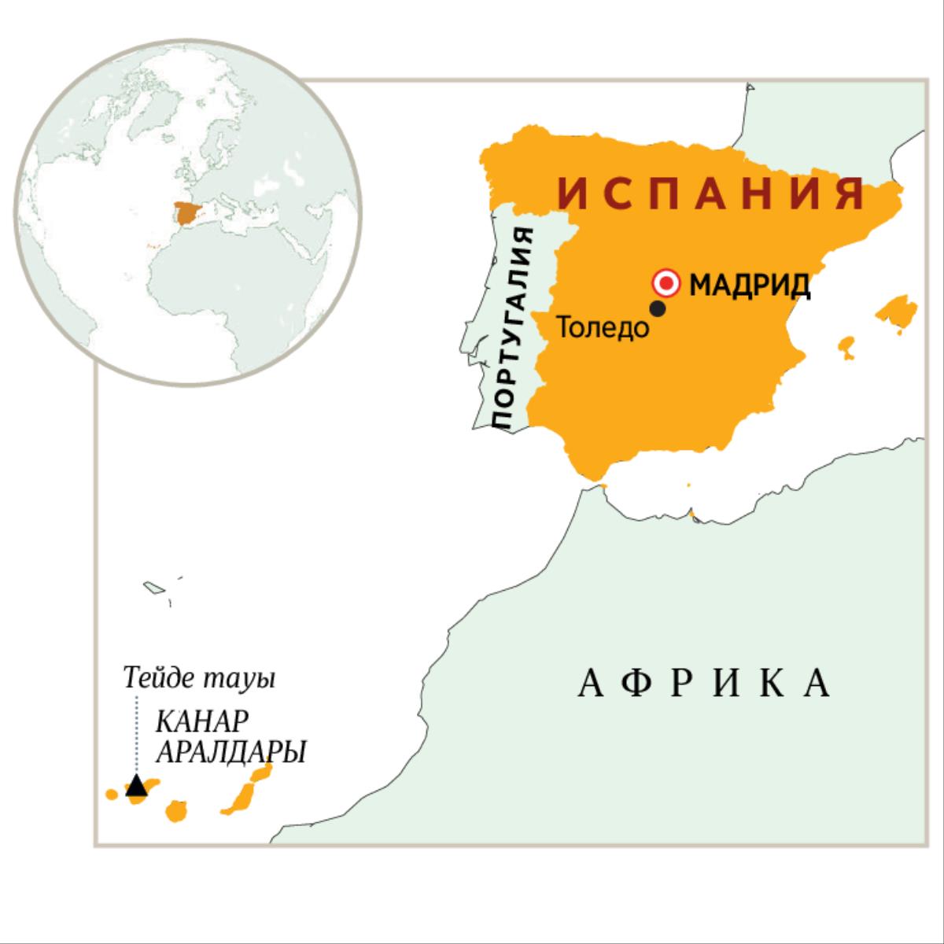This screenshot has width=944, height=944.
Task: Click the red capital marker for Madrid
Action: [667, 282]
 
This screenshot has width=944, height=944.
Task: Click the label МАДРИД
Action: [750, 284]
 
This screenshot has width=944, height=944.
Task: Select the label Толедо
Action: [603, 327]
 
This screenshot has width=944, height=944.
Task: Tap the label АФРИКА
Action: [705, 684]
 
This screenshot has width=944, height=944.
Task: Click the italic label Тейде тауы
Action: [199, 677]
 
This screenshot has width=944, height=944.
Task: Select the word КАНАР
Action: [203, 721]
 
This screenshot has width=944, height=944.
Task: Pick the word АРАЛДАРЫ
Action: [230, 752]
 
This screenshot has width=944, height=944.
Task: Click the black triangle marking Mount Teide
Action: [137, 785]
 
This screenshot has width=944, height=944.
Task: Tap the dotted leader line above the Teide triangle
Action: [137, 732]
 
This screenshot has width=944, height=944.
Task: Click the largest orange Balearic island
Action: [896, 311]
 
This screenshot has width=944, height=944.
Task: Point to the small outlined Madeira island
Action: [152, 587]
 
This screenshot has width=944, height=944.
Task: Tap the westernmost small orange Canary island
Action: [112, 794]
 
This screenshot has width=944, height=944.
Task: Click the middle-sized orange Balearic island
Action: [846, 345]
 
